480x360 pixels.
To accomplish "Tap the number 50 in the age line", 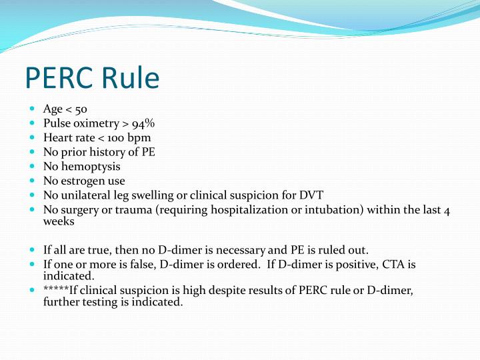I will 81,109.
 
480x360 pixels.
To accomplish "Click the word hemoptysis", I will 91,166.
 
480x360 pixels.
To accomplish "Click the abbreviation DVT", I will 310,195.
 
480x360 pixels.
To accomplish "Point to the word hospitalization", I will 259,210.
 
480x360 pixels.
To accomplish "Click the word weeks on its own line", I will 59,222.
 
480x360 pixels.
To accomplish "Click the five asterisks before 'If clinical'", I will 56,291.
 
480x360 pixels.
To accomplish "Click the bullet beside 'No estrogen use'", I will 33,181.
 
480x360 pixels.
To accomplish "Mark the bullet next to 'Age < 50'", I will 33,109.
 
